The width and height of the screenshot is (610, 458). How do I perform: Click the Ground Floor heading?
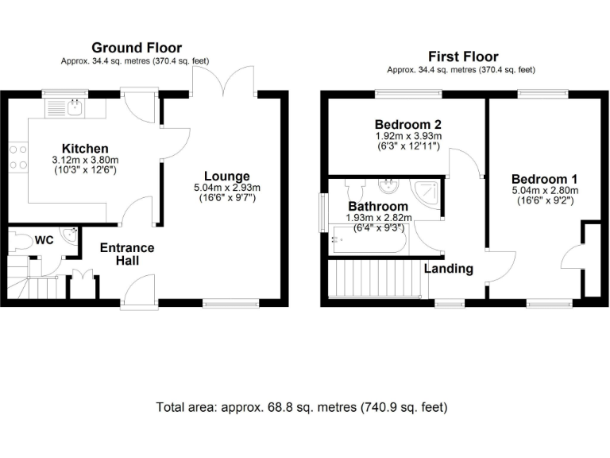pos(136,48)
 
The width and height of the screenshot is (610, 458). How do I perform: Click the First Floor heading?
pos(463,56)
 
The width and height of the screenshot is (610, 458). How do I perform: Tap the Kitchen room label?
pos(85,149)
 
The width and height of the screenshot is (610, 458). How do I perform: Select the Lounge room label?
pos(226,176)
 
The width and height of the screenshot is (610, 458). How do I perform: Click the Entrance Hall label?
pos(127,254)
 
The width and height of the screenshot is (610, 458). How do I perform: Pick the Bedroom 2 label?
pos(407,125)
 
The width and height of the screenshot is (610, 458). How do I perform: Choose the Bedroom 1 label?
pos(544,179)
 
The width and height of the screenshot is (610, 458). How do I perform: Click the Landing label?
pos(448,269)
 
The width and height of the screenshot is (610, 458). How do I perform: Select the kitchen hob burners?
pos(17,157)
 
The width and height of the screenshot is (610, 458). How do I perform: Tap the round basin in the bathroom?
pos(389,187)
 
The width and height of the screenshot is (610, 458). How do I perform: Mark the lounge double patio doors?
pos(224,82)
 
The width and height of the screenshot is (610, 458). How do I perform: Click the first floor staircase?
pos(373,281)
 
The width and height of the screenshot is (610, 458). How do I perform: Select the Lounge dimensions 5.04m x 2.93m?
pos(226,188)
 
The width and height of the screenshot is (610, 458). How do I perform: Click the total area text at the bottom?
pos(302,407)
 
